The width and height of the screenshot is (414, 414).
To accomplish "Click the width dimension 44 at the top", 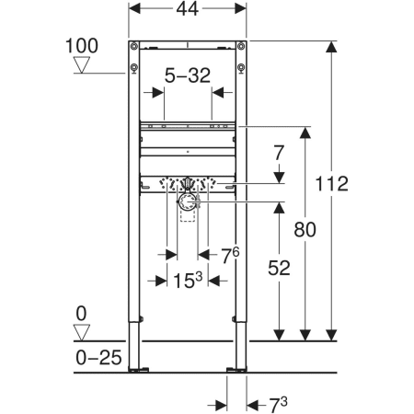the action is point(188,9).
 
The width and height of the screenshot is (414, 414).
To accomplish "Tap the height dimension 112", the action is point(331,184).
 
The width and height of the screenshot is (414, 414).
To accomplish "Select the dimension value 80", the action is point(305,229).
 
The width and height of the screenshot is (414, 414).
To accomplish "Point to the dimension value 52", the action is point(279,268).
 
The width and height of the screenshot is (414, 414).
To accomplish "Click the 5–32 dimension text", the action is point(188,75).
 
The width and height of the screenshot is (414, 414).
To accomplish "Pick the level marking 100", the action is point(82,46).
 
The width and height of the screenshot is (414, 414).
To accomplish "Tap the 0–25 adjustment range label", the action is point(98,358).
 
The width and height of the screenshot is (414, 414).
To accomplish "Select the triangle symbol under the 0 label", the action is point(82,333).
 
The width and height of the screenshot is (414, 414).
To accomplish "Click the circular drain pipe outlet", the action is point(188,202).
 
